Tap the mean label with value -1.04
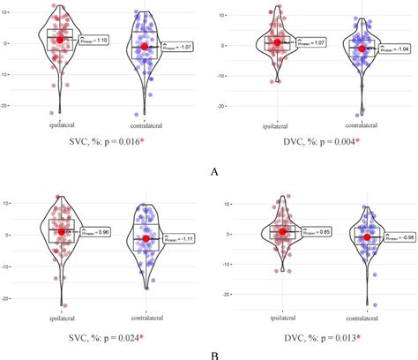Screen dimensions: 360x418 (390, 49)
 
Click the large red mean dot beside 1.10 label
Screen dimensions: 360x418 (60, 40)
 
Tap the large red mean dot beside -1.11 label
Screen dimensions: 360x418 (146, 238)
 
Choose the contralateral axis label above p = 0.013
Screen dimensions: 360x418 (362, 313)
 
